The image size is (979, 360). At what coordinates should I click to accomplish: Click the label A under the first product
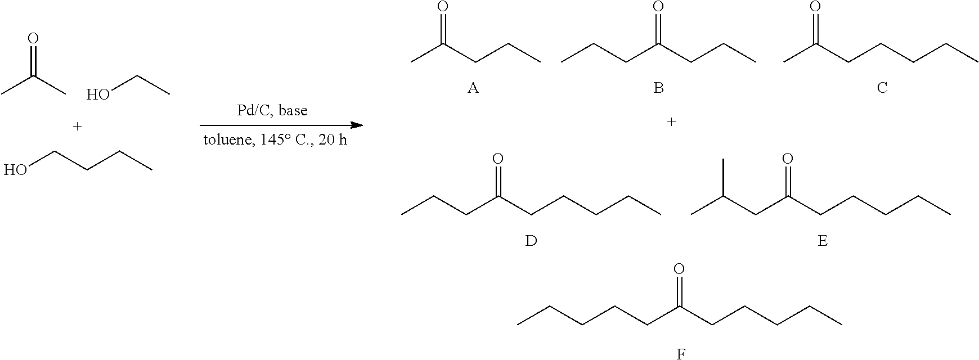(473, 88)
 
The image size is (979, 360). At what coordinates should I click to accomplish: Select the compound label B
(658, 88)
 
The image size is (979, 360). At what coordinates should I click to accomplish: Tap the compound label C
(882, 88)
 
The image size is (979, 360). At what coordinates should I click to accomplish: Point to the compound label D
(531, 241)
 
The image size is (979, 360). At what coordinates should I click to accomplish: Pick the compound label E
(822, 241)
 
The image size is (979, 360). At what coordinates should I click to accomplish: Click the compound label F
(680, 354)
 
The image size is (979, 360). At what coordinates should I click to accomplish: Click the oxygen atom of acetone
(33, 38)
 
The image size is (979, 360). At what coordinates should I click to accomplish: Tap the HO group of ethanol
(98, 94)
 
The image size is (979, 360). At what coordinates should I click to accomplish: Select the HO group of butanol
(15, 170)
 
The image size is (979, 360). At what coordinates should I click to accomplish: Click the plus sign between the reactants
(78, 127)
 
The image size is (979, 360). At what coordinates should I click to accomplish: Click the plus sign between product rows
(671, 121)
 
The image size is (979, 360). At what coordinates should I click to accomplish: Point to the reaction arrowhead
(357, 125)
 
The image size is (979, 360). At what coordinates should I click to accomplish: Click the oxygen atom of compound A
(443, 7)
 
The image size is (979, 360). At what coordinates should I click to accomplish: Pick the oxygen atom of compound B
(658, 7)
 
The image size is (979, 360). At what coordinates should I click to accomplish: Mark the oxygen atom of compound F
(679, 269)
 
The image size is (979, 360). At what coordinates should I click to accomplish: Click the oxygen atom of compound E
(788, 159)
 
